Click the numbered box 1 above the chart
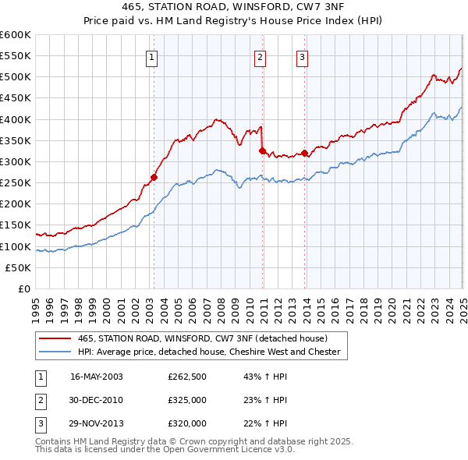(153, 56)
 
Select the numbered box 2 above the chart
(260, 56)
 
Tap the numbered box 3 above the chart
(302, 56)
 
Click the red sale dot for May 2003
(154, 177)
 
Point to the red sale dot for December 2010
(263, 150)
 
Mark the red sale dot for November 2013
(304, 153)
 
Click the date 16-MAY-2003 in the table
(97, 377)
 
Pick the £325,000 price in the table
(187, 400)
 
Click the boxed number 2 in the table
(40, 400)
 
